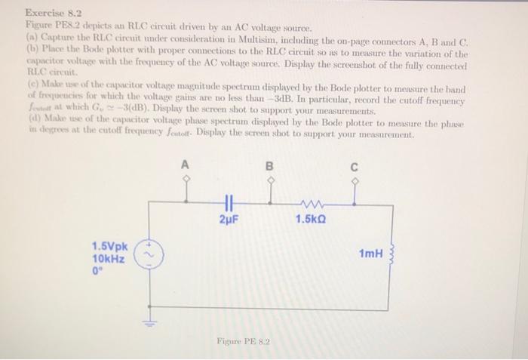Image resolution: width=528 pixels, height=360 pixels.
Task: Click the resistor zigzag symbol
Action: [311, 202]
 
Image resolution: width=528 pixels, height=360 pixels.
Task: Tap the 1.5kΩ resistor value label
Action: [311, 219]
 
